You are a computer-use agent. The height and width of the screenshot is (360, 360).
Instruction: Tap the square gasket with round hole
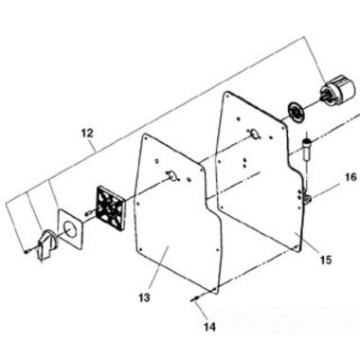click(x=68, y=230)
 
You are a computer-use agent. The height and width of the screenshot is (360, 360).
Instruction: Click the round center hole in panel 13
click(x=172, y=174)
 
